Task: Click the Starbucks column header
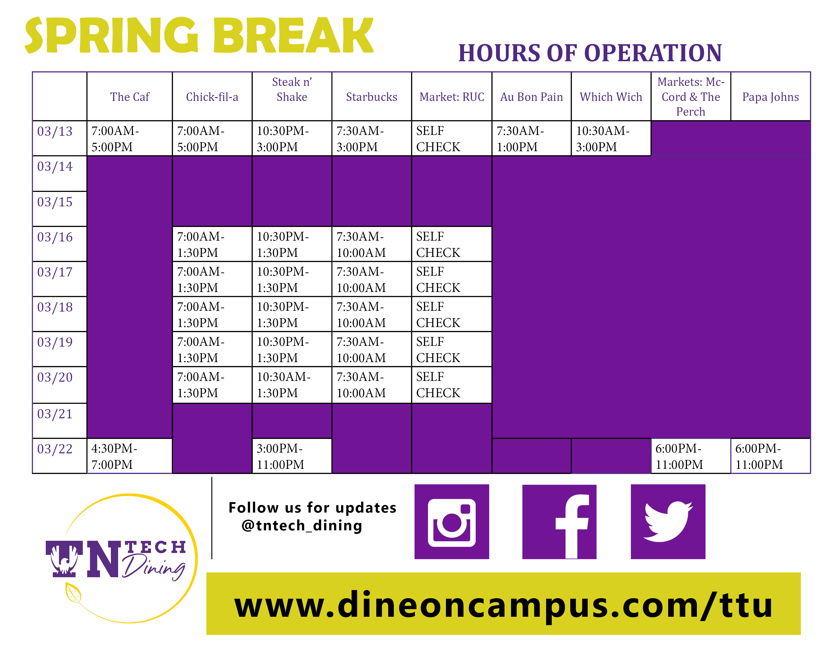click(371, 97)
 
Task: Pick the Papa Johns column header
click(770, 97)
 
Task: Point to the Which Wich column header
click(611, 97)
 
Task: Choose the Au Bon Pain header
click(531, 97)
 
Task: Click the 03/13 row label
click(55, 131)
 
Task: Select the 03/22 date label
click(55, 449)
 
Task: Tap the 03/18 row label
click(55, 307)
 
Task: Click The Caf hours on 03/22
click(114, 456)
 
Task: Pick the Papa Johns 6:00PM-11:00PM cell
click(759, 456)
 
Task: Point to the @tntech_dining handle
click(302, 525)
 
